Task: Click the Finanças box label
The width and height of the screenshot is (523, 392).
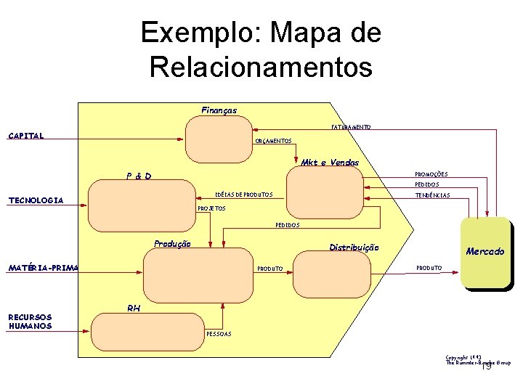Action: (x=219, y=110)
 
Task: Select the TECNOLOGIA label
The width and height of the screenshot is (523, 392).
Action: (x=36, y=200)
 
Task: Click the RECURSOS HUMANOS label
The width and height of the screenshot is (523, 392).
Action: (x=30, y=321)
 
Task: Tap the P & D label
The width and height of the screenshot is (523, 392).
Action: (x=138, y=176)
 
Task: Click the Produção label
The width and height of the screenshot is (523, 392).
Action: (x=172, y=244)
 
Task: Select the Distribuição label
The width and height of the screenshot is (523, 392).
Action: (x=354, y=248)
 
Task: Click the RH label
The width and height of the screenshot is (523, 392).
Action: (x=134, y=309)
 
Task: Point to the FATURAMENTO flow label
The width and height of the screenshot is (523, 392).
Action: (x=351, y=127)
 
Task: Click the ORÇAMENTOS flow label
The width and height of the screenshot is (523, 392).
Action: (x=273, y=141)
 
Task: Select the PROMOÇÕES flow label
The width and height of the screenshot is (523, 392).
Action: (x=431, y=174)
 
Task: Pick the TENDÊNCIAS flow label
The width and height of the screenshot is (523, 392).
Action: (x=432, y=195)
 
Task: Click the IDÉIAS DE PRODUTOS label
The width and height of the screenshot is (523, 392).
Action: (x=243, y=195)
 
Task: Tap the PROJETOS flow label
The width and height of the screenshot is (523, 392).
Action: (x=212, y=208)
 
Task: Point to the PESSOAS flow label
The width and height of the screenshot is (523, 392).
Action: (x=219, y=334)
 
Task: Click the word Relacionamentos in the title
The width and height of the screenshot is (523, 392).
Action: (x=261, y=67)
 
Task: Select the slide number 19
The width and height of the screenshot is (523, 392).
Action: (x=487, y=367)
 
